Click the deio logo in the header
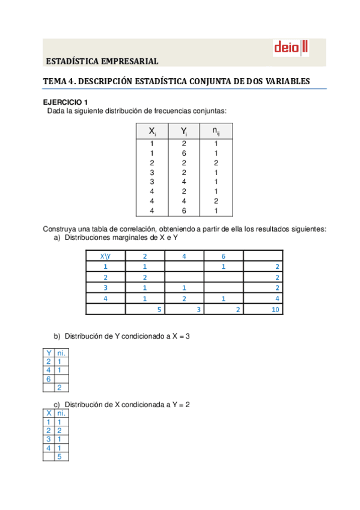pos(291,46)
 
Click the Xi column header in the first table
pos(153,131)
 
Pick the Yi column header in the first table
pos(184,131)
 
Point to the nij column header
pos(215,131)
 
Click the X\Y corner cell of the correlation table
pos(106,256)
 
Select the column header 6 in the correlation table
pos(223,256)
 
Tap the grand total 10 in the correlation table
pos(275,310)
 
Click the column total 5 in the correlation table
pos(159,310)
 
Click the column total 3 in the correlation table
pos(198,310)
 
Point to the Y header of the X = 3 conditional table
pos(48,353)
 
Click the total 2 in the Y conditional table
pos(59,387)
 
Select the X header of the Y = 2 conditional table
pos(48,414)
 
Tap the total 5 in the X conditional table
pos(59,456)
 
